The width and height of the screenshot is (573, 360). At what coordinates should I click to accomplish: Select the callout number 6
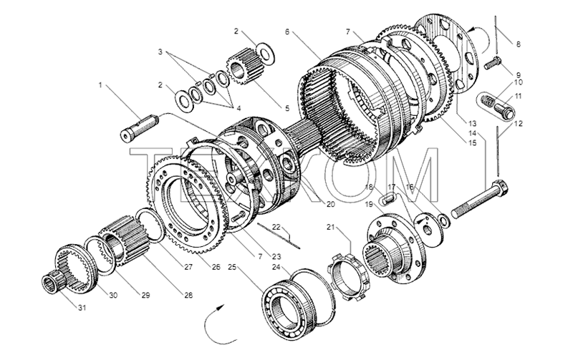point(287,32)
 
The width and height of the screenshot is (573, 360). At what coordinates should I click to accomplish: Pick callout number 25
point(232,266)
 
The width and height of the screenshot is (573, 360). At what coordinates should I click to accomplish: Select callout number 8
point(518,44)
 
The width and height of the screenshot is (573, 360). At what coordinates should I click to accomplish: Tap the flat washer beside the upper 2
point(264,51)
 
